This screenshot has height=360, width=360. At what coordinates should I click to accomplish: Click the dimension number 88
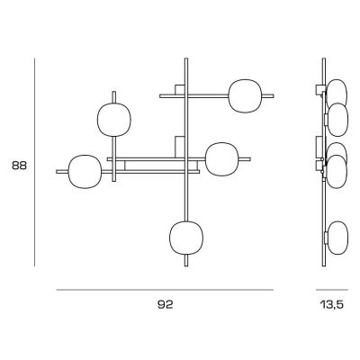[19, 166]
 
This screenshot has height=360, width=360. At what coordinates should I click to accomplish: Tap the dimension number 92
[166, 305]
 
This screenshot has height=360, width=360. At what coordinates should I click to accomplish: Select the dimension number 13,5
[332, 305]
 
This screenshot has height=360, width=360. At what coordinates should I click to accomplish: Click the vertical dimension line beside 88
[34, 162]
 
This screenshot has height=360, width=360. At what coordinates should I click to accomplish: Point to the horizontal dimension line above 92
[165, 290]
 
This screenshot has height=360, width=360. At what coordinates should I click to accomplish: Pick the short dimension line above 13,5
[332, 290]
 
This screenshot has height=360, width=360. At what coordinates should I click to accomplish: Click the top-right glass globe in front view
[245, 96]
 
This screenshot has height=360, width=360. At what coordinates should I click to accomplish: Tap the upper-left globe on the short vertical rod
[114, 120]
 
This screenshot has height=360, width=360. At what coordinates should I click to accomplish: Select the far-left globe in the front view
[85, 172]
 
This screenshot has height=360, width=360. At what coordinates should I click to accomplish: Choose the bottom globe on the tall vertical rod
[186, 238]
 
